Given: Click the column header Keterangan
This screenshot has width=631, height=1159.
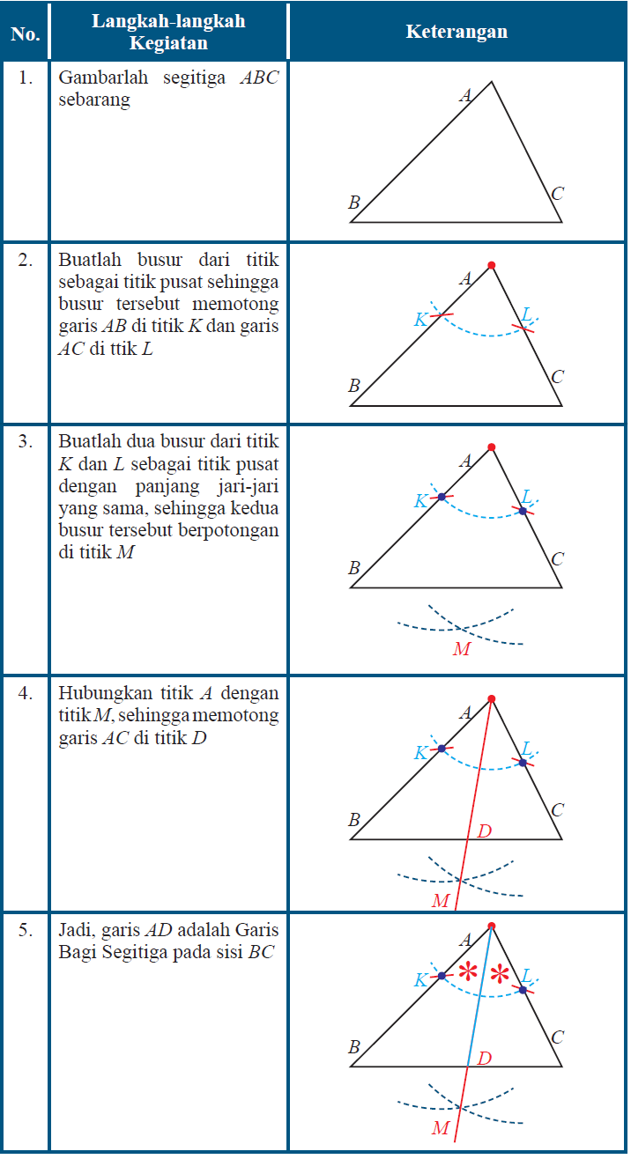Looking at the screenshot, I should coord(457,32).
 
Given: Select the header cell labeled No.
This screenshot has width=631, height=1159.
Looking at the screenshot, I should coord(25,34).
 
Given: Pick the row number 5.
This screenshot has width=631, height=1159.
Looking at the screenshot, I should coord(26,929).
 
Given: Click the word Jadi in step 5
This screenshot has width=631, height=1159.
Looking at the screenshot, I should coord(76,929).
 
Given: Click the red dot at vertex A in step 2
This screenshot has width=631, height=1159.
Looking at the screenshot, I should coord(491,265).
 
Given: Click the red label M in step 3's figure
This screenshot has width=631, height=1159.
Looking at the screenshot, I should coord(462,649).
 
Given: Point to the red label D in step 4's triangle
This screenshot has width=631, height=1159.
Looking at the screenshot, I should coord(484,830).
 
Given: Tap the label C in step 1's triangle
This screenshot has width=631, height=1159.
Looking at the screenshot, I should coord(557,195).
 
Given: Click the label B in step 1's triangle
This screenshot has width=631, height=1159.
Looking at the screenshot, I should coord(354,203).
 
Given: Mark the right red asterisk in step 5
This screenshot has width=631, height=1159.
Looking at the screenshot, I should coord(501,974).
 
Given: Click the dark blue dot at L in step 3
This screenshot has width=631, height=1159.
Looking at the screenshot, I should coord(523,511).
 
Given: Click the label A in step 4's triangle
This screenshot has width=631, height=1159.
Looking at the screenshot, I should coord(466,712).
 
